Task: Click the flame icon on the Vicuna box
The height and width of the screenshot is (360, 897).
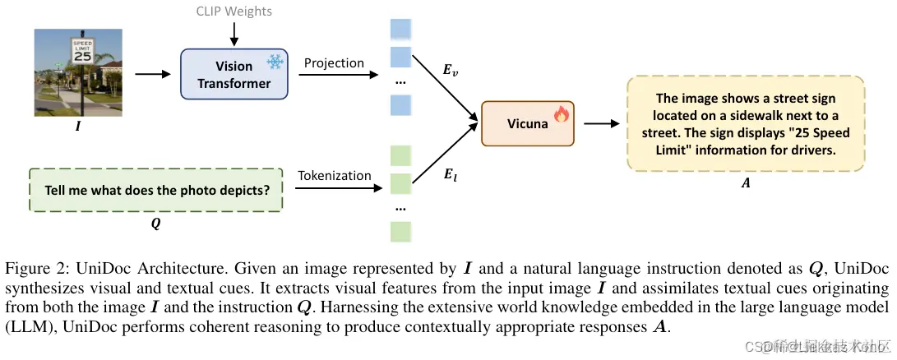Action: point(562,114)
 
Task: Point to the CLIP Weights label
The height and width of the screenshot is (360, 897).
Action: point(234,12)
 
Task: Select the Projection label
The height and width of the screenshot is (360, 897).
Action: point(334,63)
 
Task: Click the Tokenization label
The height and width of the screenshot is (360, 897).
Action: point(334,175)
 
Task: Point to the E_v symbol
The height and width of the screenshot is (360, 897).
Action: point(451,72)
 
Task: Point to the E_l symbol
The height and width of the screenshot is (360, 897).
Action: point(451,174)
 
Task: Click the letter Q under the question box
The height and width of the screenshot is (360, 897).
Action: point(156,221)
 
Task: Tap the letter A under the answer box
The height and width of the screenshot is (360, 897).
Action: point(746,184)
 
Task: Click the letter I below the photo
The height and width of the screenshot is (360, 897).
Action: point(80,127)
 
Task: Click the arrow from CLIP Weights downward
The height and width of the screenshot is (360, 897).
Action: point(234,33)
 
